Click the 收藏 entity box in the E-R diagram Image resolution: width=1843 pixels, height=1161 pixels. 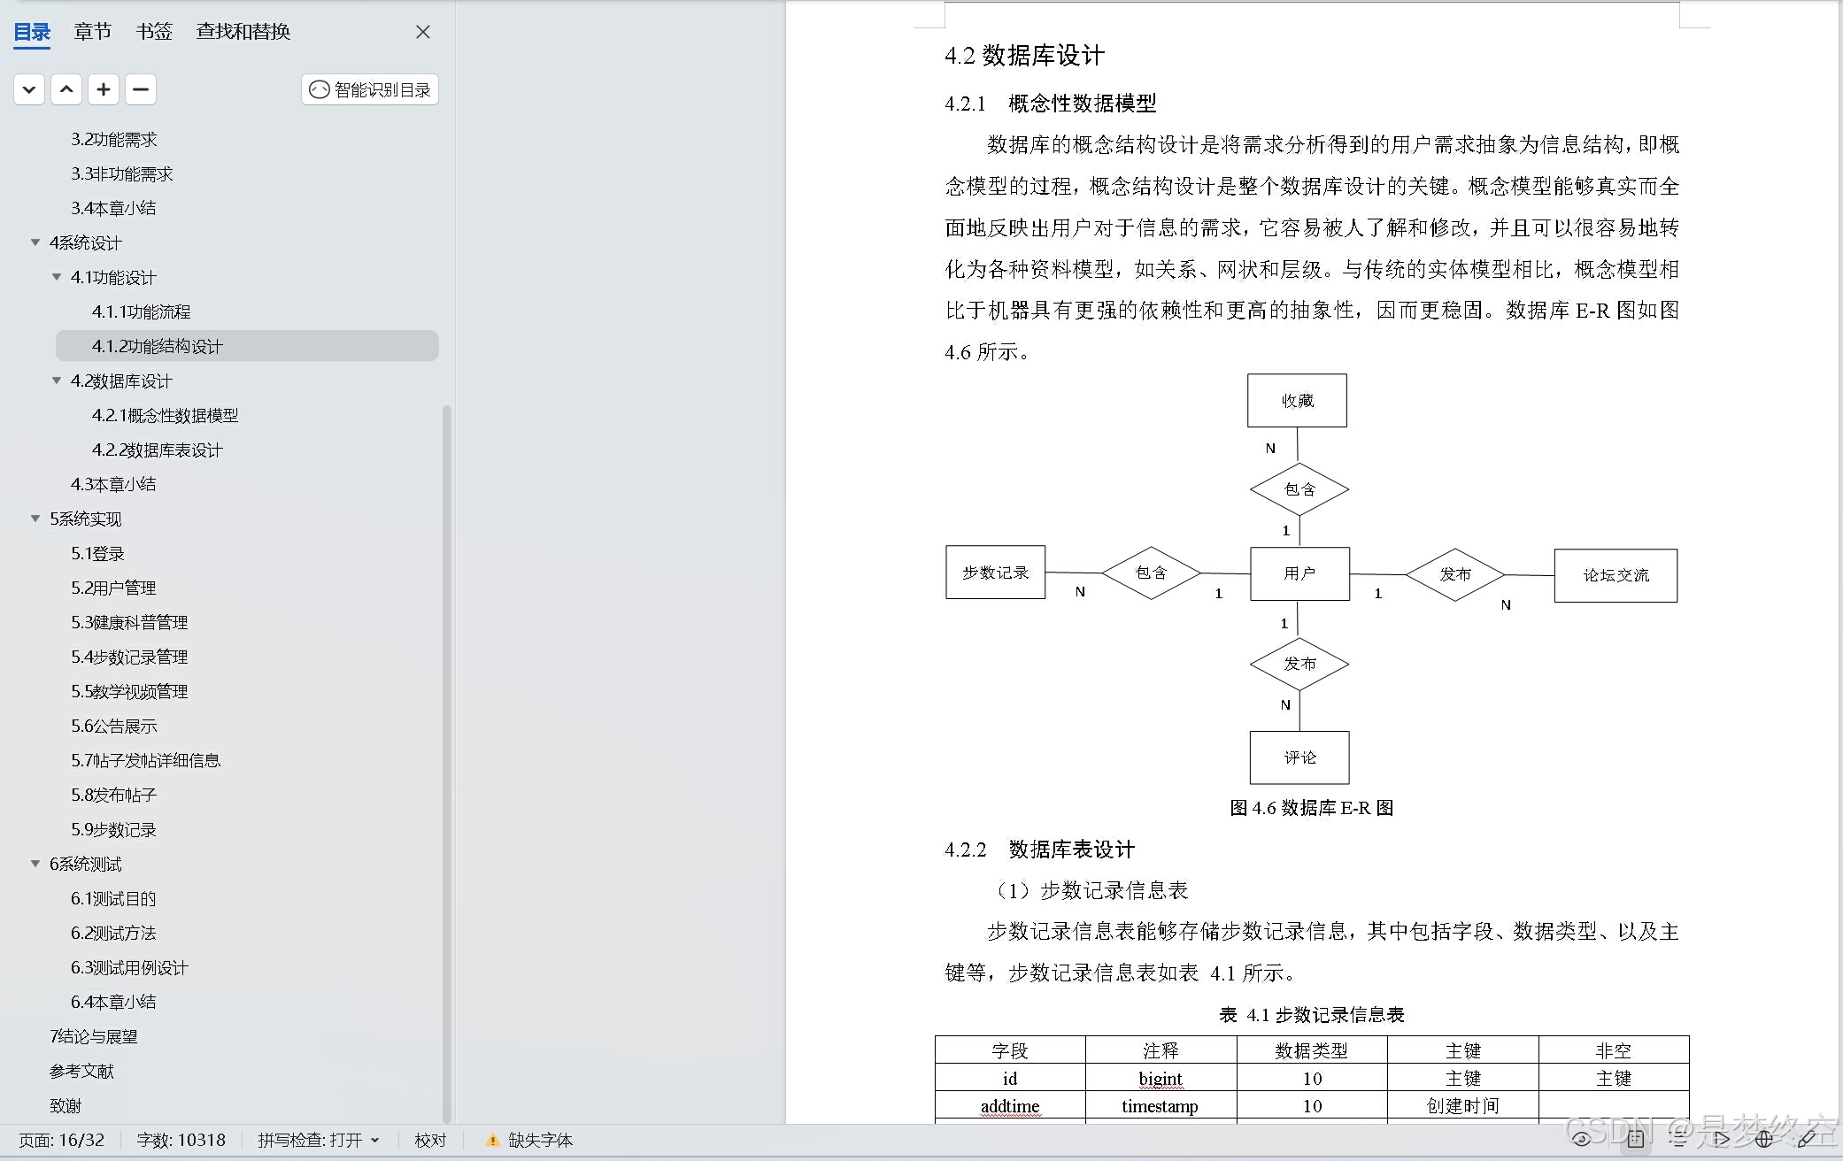(x=1297, y=401)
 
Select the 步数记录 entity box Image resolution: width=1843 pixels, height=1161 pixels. (x=995, y=573)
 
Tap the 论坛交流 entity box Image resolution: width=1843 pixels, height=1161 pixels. (x=1616, y=575)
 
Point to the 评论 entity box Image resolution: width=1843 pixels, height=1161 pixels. (x=1299, y=757)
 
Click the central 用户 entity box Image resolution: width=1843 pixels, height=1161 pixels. (x=1299, y=573)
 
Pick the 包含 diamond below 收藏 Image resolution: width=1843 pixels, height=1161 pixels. (x=1299, y=488)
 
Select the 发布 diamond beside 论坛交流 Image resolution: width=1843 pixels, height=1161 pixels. (x=1455, y=574)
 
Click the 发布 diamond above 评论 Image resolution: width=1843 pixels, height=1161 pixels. (x=1299, y=664)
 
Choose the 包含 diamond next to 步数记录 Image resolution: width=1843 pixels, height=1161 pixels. (x=1151, y=573)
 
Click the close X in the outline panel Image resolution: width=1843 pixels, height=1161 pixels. (x=423, y=32)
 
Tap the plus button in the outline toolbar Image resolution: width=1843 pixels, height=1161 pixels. (x=104, y=89)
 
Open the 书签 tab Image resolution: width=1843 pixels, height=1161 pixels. (x=154, y=32)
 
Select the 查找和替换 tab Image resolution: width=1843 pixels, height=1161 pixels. (x=243, y=32)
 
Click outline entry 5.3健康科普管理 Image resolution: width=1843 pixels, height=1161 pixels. (x=129, y=622)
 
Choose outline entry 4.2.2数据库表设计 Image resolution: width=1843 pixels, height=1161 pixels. (x=158, y=450)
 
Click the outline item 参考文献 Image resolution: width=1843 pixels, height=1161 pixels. (x=81, y=1071)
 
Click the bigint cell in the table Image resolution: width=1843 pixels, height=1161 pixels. (x=1161, y=1079)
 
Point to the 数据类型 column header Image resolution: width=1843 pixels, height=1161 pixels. (x=1311, y=1050)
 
